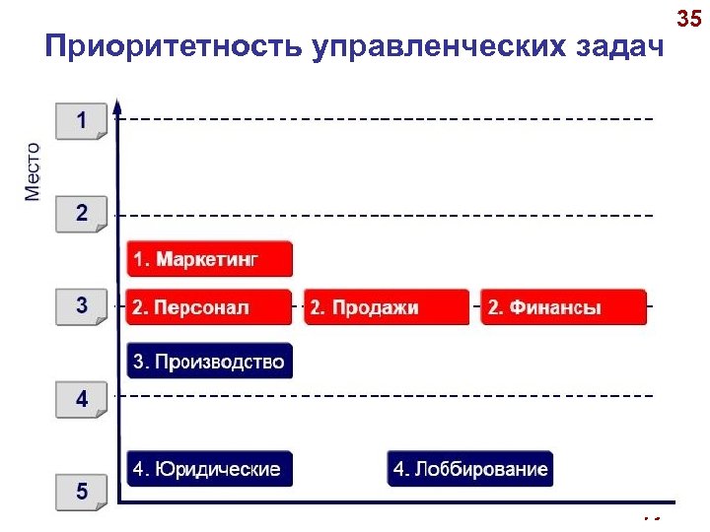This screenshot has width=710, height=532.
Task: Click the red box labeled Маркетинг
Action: coord(210,259)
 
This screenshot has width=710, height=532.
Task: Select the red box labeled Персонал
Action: coord(210,307)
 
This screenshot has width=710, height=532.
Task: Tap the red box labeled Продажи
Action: coord(387,307)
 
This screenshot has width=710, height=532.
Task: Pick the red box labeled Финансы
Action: coord(563,307)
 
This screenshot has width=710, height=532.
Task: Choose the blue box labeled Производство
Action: coord(210,361)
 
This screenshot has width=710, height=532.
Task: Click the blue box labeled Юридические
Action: coord(210,469)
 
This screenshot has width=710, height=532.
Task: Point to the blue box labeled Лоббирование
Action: coord(470,469)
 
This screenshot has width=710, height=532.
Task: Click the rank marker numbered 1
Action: coord(82,121)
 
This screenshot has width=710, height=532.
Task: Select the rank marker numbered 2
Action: coord(82,213)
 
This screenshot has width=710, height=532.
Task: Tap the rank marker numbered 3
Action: coord(82,306)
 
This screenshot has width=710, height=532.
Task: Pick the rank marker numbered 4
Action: coord(82,400)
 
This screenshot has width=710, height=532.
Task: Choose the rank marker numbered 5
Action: coord(82,491)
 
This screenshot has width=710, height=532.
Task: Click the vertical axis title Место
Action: coord(34,171)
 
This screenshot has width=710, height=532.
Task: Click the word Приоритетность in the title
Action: coord(174,47)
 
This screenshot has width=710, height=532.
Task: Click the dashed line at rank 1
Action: coord(394,119)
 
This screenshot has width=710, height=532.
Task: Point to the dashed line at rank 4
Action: coord(394,395)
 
